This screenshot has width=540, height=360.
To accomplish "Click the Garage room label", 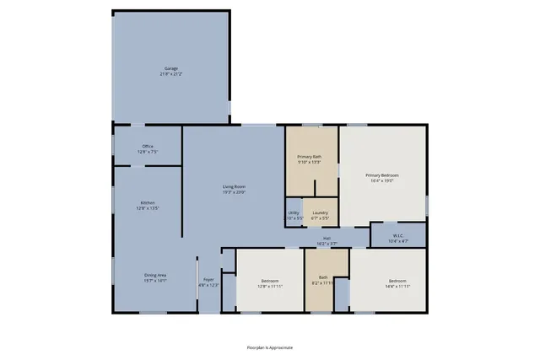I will (x=171, y=68).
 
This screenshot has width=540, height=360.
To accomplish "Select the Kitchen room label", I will (x=148, y=202).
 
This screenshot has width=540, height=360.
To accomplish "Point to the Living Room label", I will (x=234, y=185).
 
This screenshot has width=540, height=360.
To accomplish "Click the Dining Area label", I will (x=154, y=275).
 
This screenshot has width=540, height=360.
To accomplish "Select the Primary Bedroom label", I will (x=381, y=175).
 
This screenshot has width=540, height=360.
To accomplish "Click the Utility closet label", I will (x=294, y=212).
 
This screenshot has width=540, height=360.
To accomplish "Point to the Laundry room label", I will (x=320, y=212).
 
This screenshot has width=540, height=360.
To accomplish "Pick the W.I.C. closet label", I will (x=398, y=235).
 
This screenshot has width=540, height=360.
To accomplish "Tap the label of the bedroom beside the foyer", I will (x=269, y=280).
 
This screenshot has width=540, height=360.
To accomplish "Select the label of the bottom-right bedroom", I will (x=397, y=280).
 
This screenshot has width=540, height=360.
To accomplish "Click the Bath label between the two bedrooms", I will (x=323, y=277).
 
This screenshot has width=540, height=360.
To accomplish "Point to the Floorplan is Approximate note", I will (x=269, y=347).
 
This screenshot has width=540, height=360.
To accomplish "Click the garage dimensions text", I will (x=171, y=74).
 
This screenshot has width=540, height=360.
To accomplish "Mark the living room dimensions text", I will (x=234, y=191).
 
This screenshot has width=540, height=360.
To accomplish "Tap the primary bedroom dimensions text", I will (x=381, y=181).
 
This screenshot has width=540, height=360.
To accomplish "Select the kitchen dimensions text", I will (x=148, y=208).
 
